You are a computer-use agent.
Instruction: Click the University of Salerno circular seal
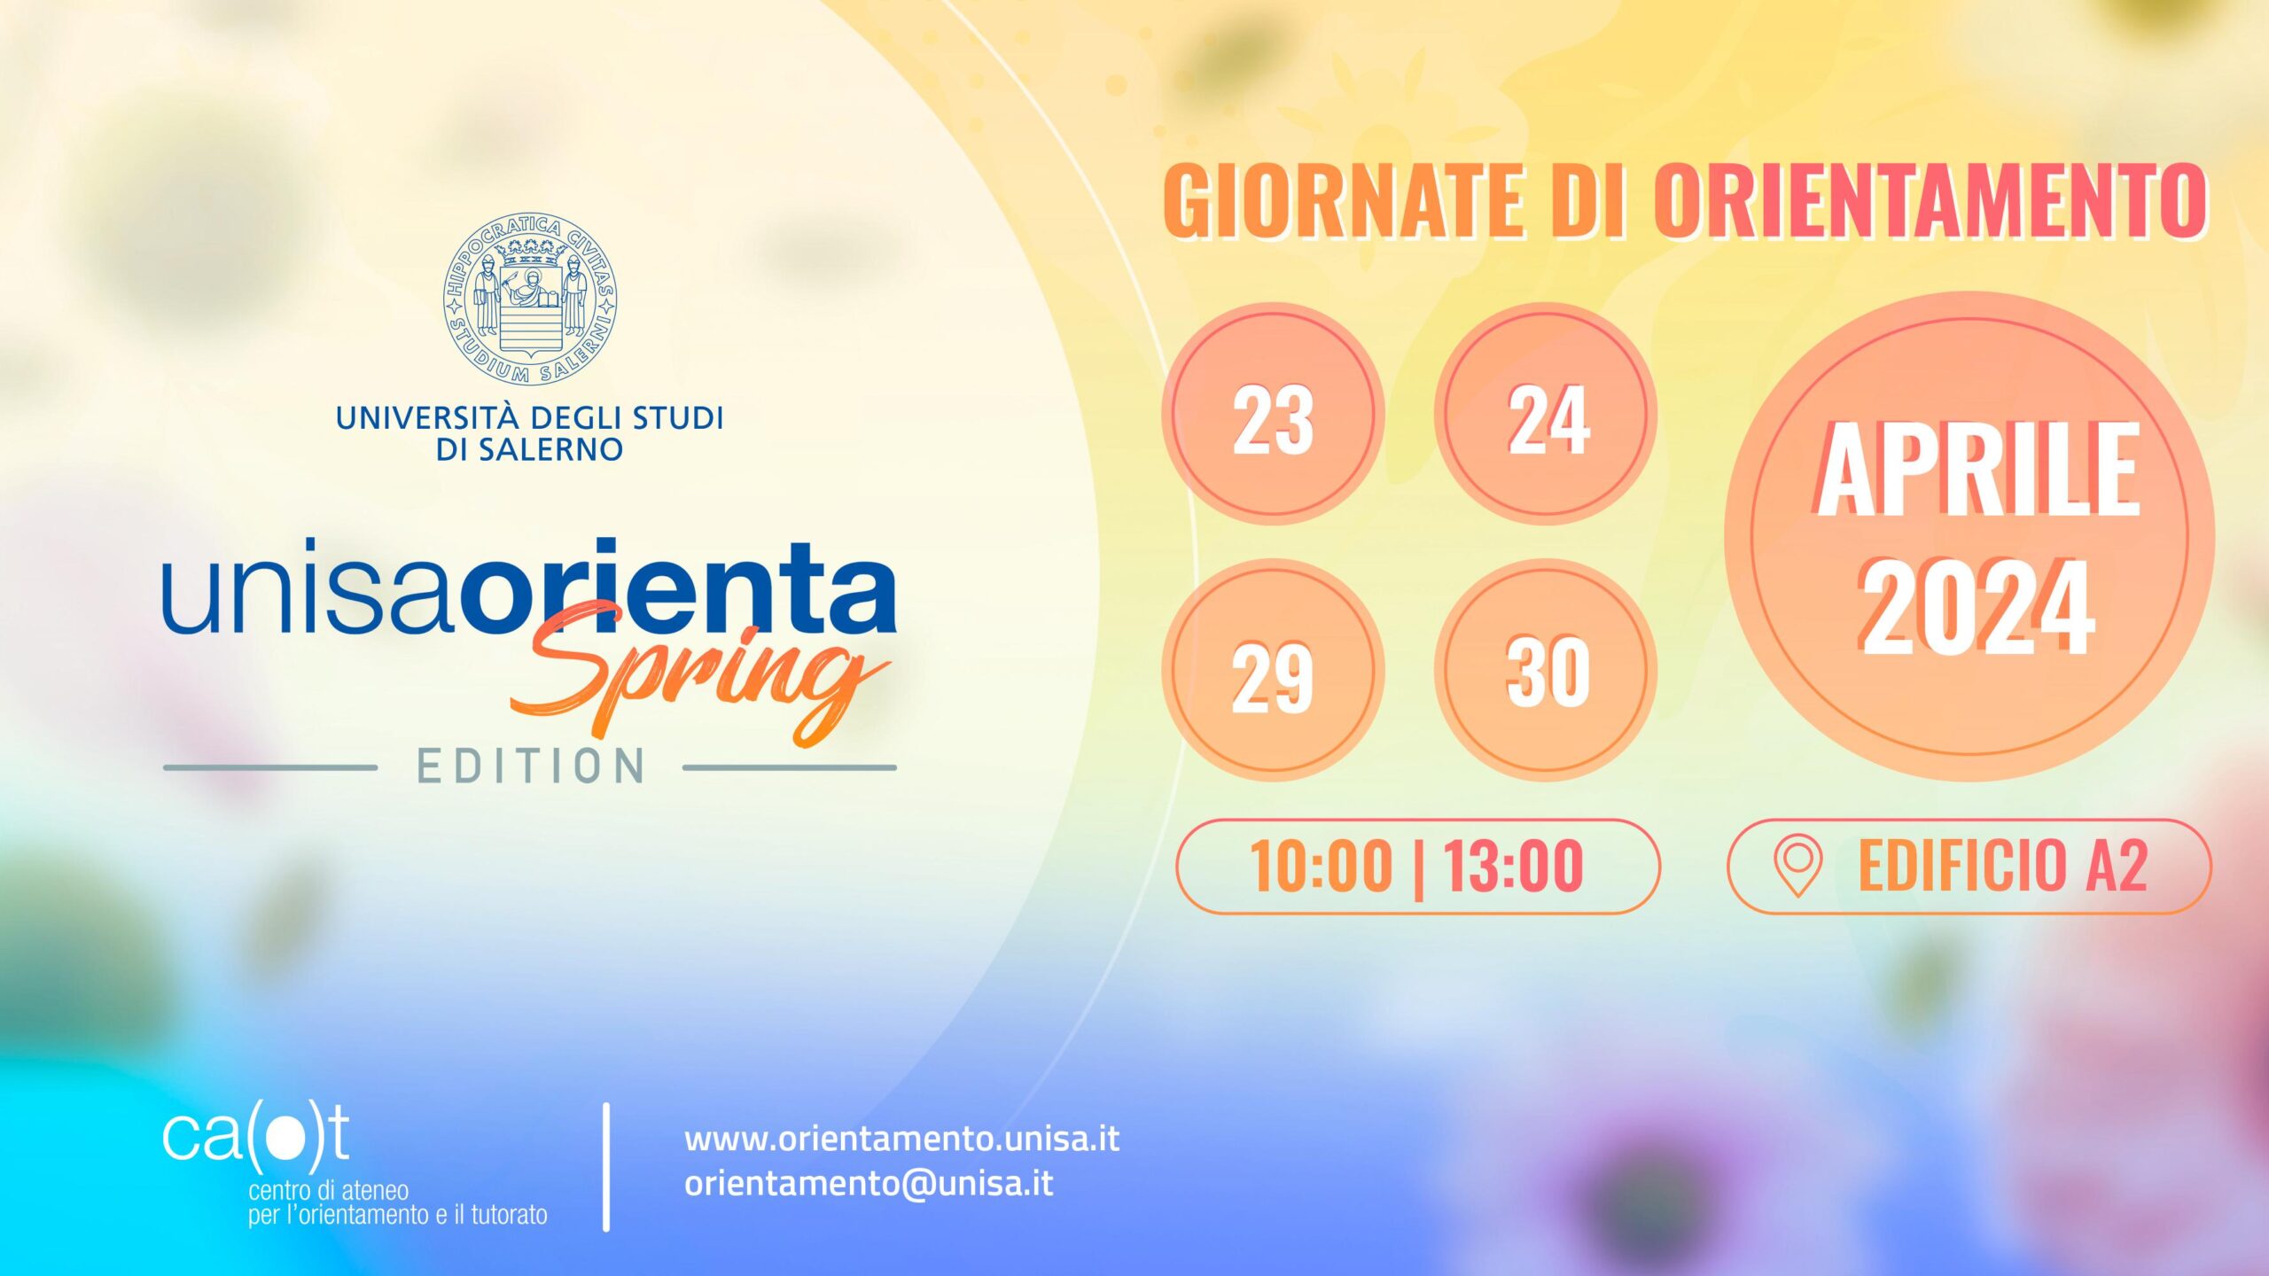tap(530, 300)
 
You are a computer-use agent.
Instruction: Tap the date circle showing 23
tap(1273, 414)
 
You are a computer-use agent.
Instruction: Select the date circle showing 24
tap(1546, 414)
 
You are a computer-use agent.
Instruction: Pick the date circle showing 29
tap(1273, 670)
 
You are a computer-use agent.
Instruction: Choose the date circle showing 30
tap(1546, 670)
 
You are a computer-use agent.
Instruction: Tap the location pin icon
tap(1797, 866)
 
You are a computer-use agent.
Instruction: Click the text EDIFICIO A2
tap(2002, 866)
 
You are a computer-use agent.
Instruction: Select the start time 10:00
tap(1321, 866)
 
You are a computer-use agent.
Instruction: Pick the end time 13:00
tap(1513, 866)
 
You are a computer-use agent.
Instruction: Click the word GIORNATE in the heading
tap(1344, 200)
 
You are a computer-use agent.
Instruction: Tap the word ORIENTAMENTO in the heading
tap(1930, 200)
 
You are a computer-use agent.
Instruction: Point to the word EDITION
tap(531, 766)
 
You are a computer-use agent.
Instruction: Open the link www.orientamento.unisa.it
tap(901, 1140)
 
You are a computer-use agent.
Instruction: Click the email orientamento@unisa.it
tap(869, 1184)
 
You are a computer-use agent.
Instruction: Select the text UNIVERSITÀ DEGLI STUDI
tap(530, 416)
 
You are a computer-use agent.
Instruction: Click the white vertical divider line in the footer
tap(606, 1167)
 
